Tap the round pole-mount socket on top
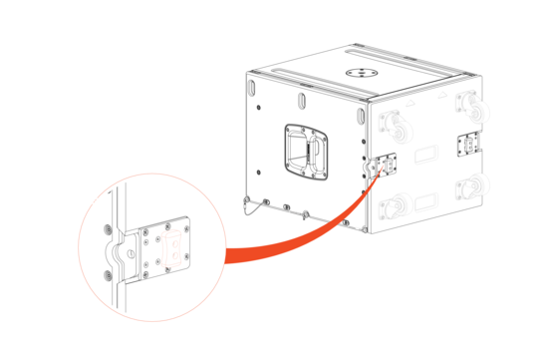[x=356, y=73]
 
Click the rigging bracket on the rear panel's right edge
[x=466, y=145]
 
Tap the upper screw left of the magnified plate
[x=105, y=232]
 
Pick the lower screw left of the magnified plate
[x=105, y=271]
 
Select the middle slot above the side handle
[x=299, y=102]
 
